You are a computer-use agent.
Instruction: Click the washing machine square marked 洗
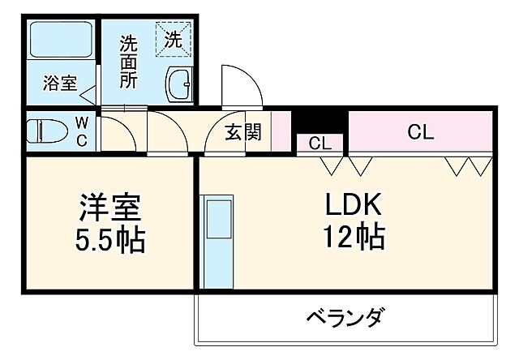174,38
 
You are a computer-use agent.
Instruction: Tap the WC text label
83,131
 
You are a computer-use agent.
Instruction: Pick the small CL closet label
320,144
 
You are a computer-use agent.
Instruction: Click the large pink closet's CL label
420,132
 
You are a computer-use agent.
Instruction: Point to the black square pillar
320,120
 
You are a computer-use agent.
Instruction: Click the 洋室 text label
111,207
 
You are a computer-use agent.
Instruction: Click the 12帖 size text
354,238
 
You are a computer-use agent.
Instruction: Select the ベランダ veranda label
345,316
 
